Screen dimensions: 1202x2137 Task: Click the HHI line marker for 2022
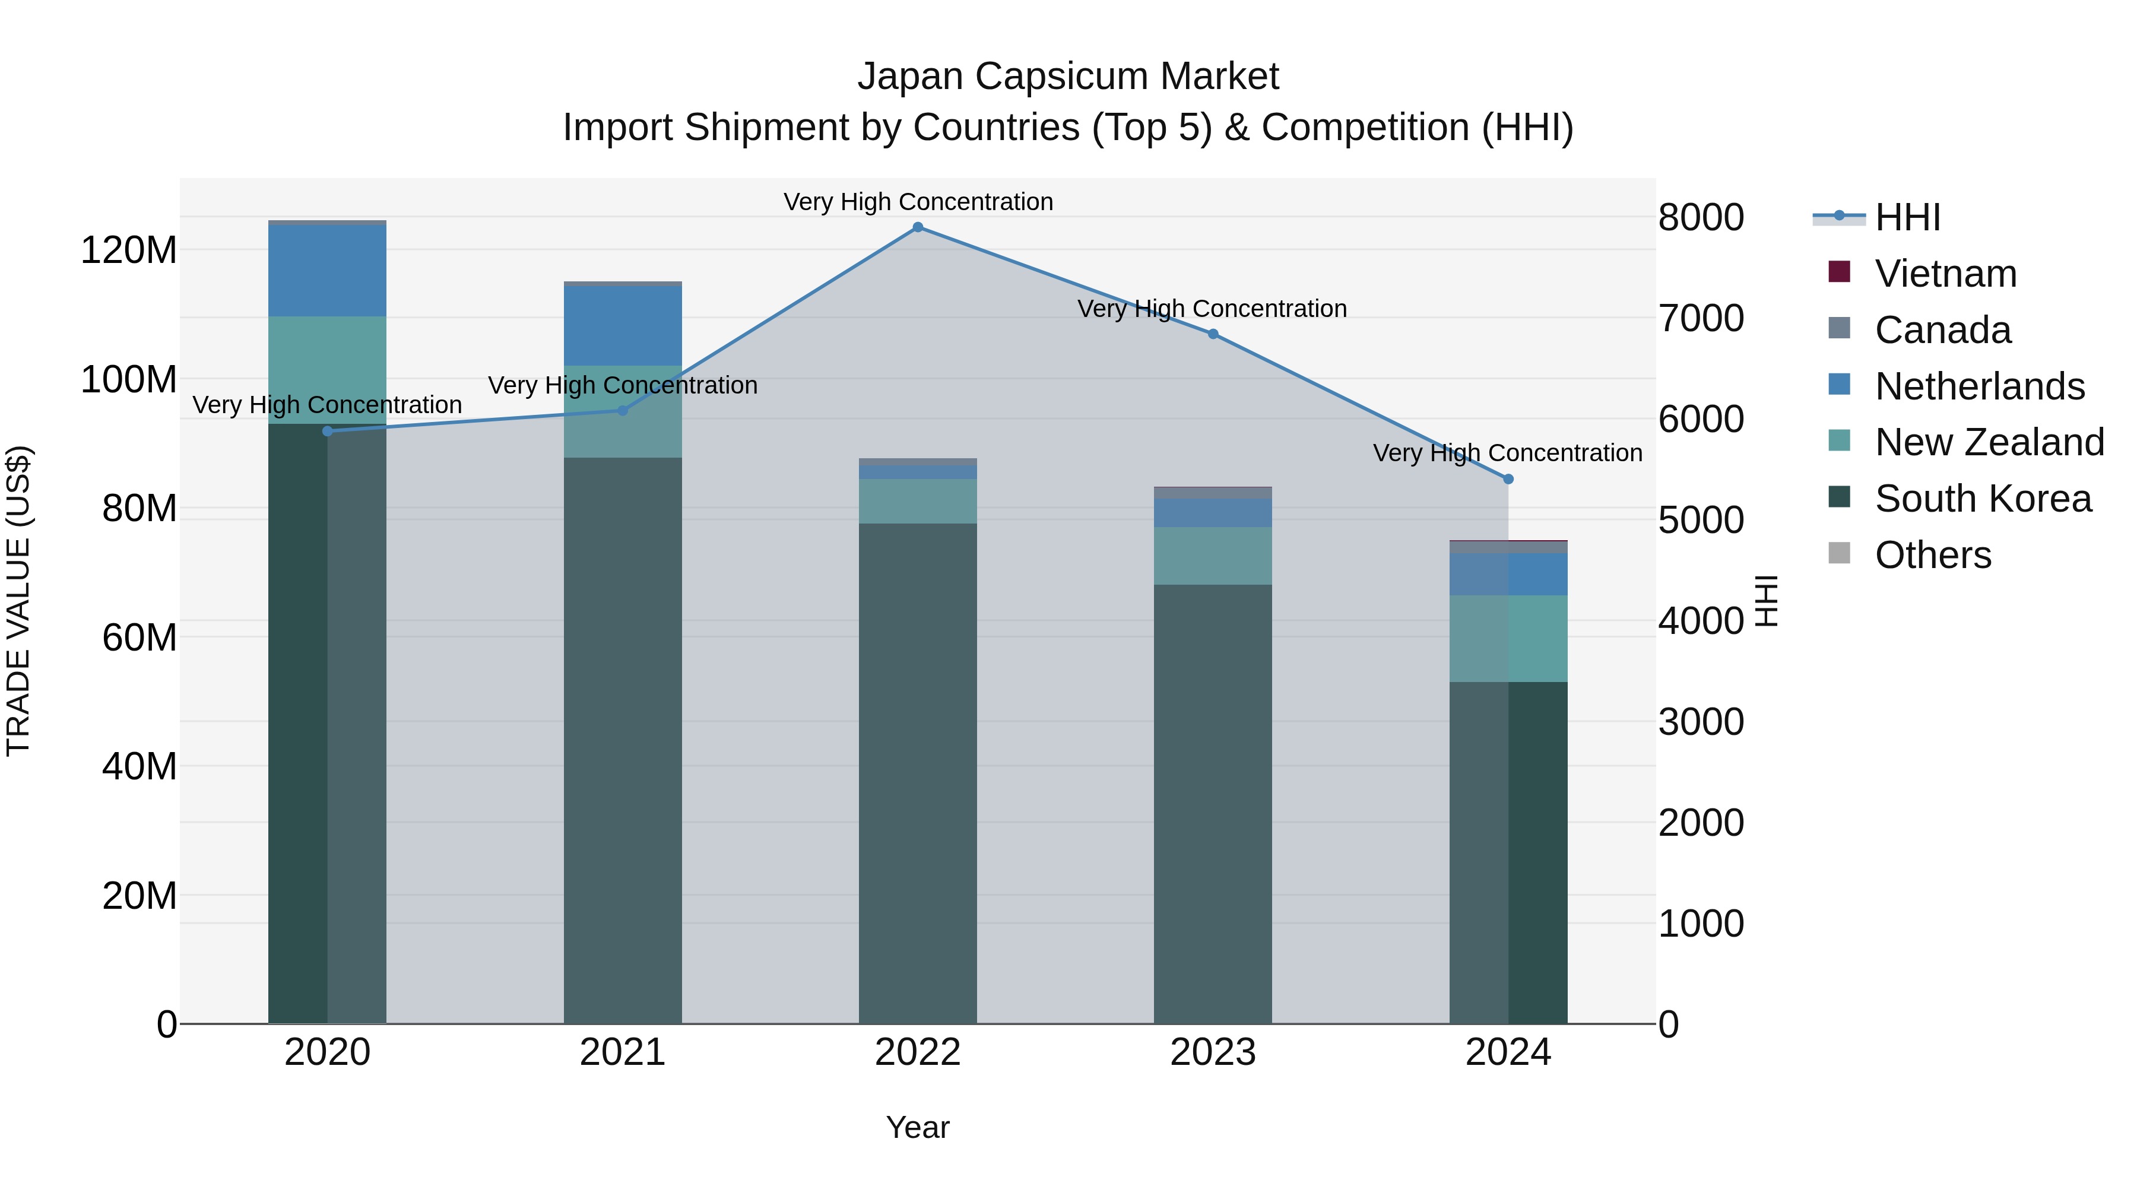tap(918, 227)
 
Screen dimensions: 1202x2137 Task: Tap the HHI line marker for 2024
tap(1508, 478)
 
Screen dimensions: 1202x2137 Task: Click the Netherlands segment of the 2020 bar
tap(327, 271)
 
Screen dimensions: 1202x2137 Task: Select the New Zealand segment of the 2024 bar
tap(1508, 638)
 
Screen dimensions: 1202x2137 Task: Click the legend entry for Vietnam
tap(1945, 274)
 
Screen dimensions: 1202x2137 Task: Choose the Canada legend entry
tap(1942, 330)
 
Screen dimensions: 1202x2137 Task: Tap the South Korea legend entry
tap(1983, 499)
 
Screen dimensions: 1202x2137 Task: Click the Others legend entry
tap(1932, 555)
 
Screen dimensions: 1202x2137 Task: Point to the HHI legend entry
tap(1906, 217)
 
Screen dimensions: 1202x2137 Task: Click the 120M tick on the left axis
tap(129, 250)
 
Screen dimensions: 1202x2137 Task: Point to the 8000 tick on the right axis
tap(1701, 217)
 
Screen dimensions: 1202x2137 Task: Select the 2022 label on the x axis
tap(918, 1052)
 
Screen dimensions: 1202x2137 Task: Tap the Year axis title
tap(918, 1127)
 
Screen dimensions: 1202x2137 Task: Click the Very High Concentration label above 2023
tap(1212, 309)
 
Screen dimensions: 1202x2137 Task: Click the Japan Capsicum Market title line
tap(1068, 77)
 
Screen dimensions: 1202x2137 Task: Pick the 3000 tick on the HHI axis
tap(1701, 722)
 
